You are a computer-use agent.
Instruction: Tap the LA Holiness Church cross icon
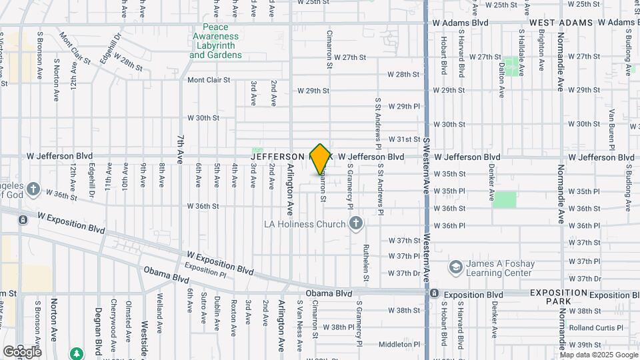coord(356,224)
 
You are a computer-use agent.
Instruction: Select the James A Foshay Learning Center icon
coord(456,267)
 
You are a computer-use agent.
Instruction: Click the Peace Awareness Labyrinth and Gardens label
coord(216,41)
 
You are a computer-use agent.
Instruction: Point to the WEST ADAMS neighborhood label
coord(561,23)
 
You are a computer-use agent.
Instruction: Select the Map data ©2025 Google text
coord(597,355)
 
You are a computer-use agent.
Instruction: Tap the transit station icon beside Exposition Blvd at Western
coord(434,293)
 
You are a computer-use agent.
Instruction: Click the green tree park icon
coord(77,352)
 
